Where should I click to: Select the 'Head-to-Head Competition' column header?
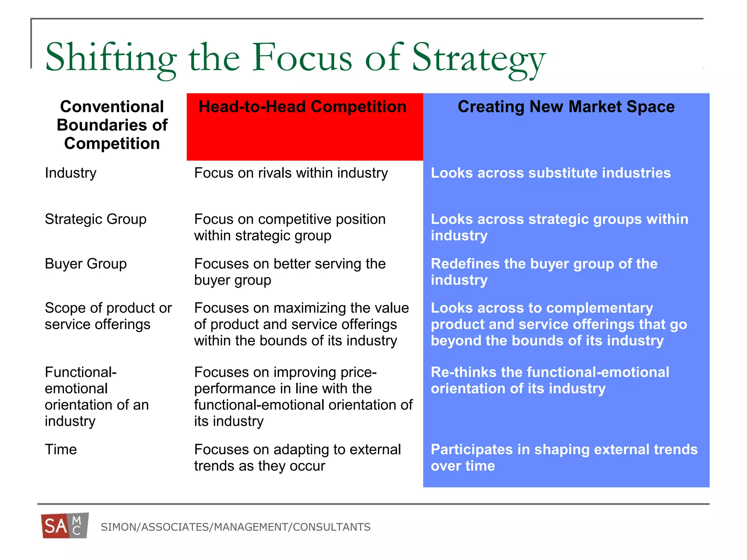click(302, 107)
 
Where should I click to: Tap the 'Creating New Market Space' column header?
click(566, 107)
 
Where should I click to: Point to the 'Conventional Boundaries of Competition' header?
click(112, 125)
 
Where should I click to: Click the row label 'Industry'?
click(71, 173)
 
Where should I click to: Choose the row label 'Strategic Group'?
click(96, 219)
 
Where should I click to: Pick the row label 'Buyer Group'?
click(86, 264)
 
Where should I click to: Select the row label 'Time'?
click(61, 450)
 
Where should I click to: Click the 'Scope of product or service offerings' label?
click(108, 316)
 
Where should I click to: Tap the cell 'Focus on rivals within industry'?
click(291, 173)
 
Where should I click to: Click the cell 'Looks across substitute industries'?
click(550, 173)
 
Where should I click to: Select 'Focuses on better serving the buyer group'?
click(290, 272)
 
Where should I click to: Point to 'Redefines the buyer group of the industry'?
click(544, 272)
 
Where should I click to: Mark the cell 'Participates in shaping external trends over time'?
click(564, 458)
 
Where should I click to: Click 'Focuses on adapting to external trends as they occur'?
click(297, 458)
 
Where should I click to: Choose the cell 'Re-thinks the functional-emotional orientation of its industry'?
click(550, 380)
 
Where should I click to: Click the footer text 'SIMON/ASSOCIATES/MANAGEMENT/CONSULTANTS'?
click(236, 527)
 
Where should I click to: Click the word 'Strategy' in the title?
click(478, 58)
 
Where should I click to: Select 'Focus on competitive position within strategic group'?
click(290, 227)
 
